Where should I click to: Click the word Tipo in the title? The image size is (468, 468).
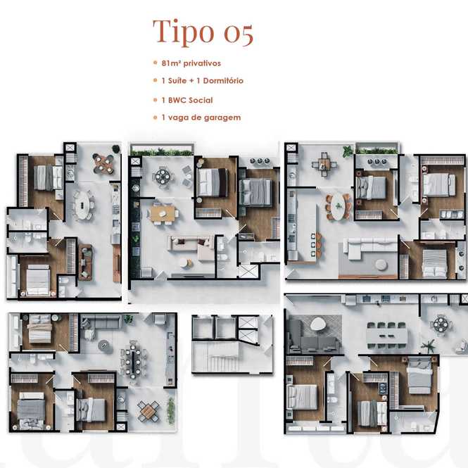coord(184,32)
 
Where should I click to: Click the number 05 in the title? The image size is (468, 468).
coord(239,34)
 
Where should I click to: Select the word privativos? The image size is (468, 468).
coord(202,63)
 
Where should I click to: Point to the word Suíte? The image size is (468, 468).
coord(177,81)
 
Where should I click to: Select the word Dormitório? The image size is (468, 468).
coord(223,81)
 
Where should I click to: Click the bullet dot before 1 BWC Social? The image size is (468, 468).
coord(156,100)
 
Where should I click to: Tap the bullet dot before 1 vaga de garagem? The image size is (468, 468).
coord(156,118)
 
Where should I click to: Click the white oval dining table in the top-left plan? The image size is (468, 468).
coord(82,205)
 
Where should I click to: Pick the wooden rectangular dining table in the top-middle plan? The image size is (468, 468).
coord(163,214)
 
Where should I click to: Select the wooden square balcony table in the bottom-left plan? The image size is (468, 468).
coord(148,412)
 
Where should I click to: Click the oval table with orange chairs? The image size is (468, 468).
coord(339,206)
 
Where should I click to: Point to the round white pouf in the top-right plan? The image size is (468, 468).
coord(381,265)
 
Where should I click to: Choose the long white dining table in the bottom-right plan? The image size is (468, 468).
coord(386,336)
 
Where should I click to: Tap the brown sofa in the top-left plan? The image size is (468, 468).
coord(85,263)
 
